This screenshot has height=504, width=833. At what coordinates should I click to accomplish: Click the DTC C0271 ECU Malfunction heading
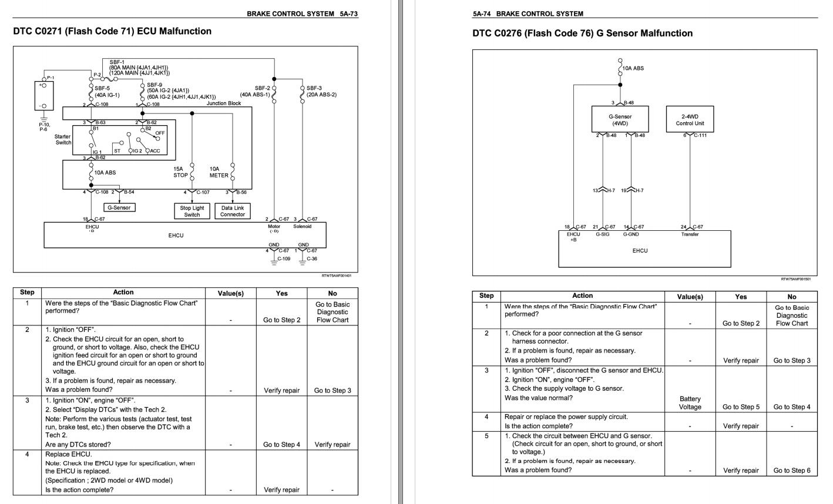pyautogui.click(x=112, y=31)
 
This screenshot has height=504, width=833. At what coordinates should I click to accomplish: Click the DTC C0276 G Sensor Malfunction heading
pyautogui.click(x=582, y=33)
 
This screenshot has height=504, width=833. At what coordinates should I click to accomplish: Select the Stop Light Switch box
pyautogui.click(x=192, y=211)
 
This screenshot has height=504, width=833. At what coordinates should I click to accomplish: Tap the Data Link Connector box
pyautogui.click(x=233, y=211)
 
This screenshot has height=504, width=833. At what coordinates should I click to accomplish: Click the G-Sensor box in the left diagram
pyautogui.click(x=119, y=207)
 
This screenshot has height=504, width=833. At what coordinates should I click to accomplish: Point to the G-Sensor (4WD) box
pyautogui.click(x=620, y=120)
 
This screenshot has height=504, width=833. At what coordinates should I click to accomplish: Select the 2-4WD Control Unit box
pyautogui.click(x=690, y=120)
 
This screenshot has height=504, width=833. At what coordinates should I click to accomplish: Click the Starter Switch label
pyautogui.click(x=63, y=140)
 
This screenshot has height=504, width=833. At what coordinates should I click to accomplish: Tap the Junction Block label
pyautogui.click(x=223, y=103)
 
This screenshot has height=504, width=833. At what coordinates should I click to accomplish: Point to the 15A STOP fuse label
pyautogui.click(x=180, y=172)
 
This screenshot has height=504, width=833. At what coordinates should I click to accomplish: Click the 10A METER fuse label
pyautogui.click(x=219, y=172)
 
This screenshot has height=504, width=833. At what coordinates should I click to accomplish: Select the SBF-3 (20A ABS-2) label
pyautogui.click(x=321, y=92)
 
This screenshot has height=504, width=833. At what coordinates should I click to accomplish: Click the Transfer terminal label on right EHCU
pyautogui.click(x=690, y=234)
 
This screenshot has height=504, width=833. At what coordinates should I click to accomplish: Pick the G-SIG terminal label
pyautogui.click(x=602, y=234)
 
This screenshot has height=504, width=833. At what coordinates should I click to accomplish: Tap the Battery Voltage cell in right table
pyautogui.click(x=690, y=402)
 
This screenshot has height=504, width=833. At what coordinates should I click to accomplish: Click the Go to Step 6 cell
pyautogui.click(x=791, y=470)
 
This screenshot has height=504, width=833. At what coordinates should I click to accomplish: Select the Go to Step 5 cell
pyautogui.click(x=741, y=406)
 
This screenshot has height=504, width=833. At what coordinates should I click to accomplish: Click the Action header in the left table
pyautogui.click(x=123, y=292)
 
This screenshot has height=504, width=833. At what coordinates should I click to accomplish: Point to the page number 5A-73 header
pyautogui.click(x=347, y=14)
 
